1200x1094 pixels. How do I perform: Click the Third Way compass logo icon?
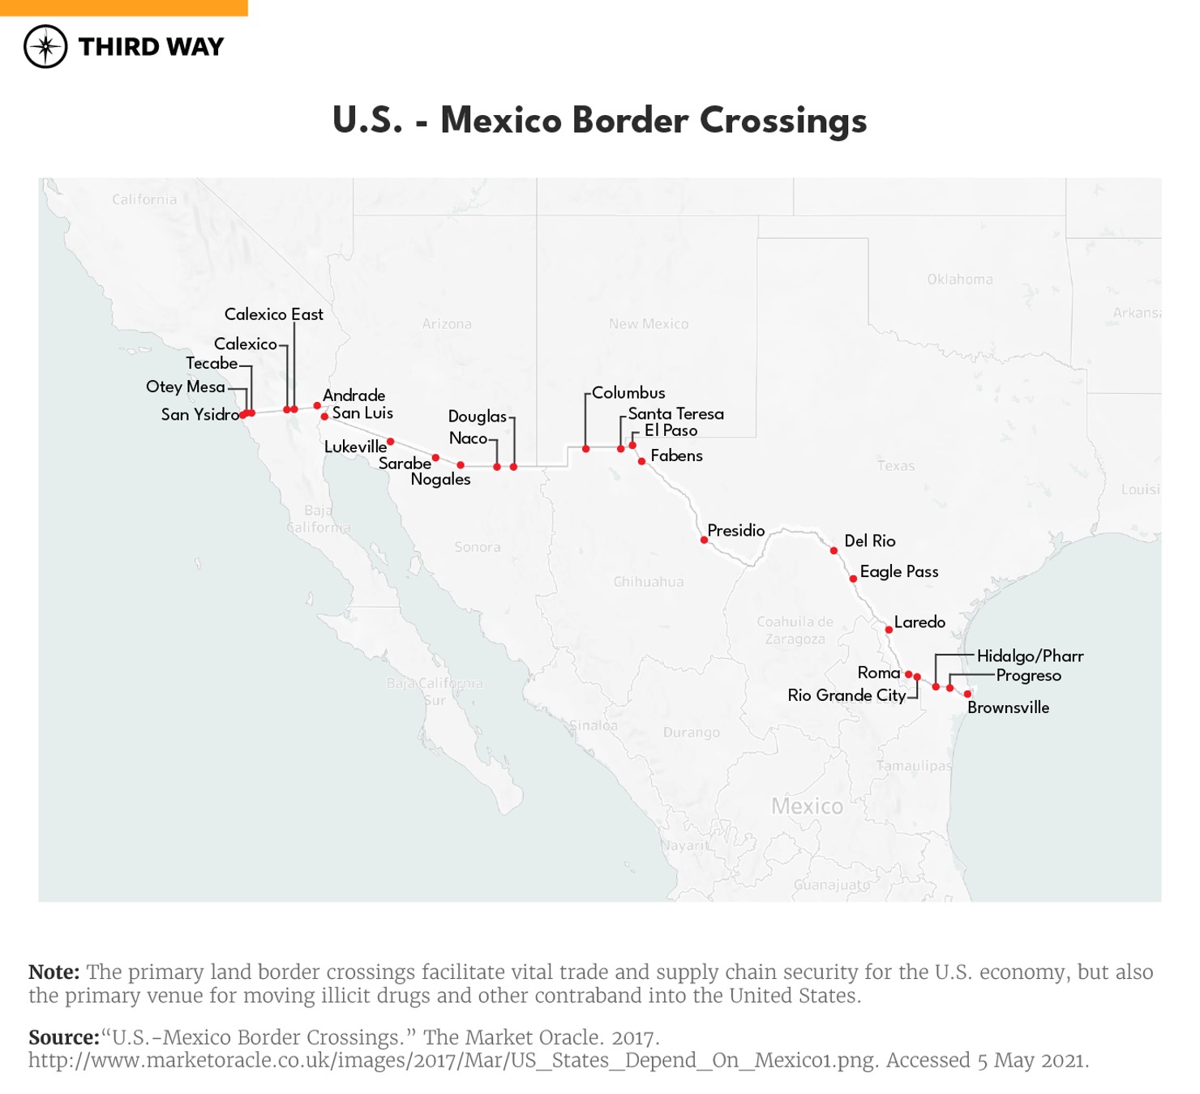45,46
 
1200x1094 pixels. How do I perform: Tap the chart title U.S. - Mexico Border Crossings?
599,120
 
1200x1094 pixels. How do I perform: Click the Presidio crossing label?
735,531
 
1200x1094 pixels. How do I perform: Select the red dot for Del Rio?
834,551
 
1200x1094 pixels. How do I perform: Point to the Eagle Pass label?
898,572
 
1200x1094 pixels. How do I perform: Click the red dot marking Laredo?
889,630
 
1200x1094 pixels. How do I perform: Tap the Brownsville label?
1008,707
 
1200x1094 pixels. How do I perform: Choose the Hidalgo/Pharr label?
1030,656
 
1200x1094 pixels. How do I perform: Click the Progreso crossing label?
1028,676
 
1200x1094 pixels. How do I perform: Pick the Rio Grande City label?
846,695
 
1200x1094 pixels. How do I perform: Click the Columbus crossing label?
628,393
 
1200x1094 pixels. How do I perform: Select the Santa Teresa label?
675,414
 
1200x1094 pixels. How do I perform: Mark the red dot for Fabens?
641,461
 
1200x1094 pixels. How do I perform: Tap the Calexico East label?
273,314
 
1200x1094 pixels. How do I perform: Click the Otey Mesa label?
186,387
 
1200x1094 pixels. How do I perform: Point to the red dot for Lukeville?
391,442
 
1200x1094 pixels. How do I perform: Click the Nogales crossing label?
440,480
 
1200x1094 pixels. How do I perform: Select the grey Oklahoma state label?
960,280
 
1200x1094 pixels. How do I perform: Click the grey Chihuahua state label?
649,582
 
